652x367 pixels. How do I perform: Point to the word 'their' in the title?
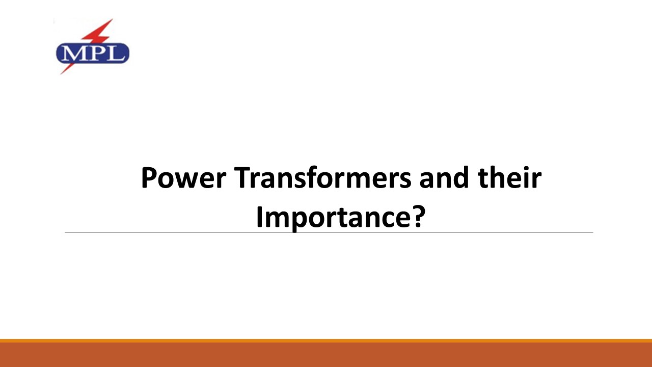point(510,178)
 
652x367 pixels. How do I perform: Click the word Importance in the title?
point(331,218)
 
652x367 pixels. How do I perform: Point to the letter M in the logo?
point(72,53)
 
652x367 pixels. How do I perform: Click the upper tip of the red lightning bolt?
point(111,20)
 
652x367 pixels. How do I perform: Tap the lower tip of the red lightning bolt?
point(62,73)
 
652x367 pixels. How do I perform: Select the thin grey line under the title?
point(329,233)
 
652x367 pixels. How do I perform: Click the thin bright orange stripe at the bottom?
point(326,340)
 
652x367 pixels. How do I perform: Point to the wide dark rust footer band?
point(326,355)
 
